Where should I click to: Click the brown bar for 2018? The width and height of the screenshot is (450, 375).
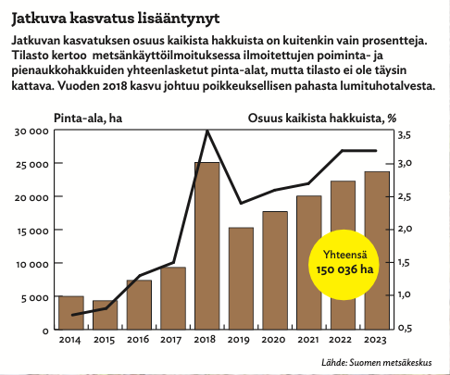click(x=207, y=245)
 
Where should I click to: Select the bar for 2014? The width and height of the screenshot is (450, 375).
click(x=71, y=313)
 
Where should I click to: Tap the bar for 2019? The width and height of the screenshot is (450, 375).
click(x=241, y=279)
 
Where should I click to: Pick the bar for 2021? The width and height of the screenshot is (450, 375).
click(x=309, y=262)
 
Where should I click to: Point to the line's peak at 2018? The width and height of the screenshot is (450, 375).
click(x=207, y=131)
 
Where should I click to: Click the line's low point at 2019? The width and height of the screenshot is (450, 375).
click(x=241, y=203)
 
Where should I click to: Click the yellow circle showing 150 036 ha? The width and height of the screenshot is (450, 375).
click(x=344, y=265)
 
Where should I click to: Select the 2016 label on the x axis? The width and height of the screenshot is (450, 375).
click(x=138, y=340)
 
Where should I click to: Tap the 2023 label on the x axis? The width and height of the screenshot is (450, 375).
click(x=375, y=340)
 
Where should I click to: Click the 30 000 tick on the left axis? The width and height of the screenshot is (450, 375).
click(x=31, y=131)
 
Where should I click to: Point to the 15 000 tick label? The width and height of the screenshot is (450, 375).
click(x=31, y=231)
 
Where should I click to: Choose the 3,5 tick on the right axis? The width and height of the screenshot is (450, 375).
click(x=405, y=135)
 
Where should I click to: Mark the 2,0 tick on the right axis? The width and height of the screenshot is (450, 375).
click(x=405, y=229)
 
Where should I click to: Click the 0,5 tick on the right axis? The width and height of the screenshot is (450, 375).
click(x=405, y=328)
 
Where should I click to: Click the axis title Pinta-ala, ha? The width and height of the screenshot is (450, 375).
click(x=88, y=119)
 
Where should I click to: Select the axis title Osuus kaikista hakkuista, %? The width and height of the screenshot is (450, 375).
click(x=322, y=119)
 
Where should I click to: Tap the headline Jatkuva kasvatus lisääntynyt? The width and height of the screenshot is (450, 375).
click(x=116, y=19)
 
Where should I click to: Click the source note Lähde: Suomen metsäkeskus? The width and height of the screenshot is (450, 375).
click(x=377, y=362)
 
